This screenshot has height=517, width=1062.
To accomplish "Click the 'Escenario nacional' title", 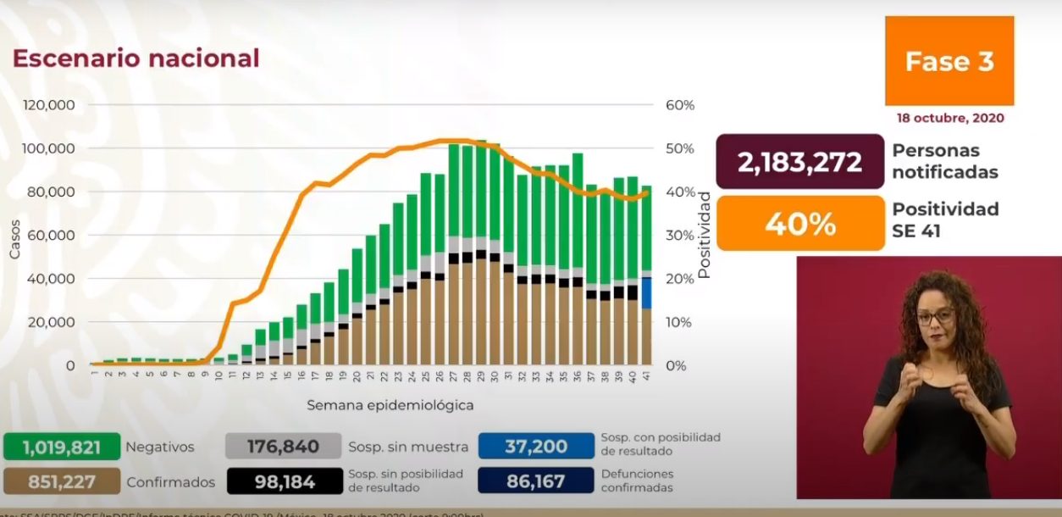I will (136, 58).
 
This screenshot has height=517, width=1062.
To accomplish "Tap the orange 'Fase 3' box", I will (949, 61).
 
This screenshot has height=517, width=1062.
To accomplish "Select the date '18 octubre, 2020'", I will (950, 118).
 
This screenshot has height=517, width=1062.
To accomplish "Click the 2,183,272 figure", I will (799, 162).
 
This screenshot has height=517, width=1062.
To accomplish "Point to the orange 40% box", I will (799, 224).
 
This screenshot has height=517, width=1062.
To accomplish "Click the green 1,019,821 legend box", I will (62, 447).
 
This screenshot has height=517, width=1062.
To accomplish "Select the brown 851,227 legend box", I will (62, 481).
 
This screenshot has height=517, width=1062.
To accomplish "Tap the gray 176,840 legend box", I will (283, 447).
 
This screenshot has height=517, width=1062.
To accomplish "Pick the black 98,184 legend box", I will (283, 481).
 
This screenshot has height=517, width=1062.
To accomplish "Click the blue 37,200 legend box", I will (535, 447).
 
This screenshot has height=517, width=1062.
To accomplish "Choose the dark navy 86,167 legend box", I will (535, 481).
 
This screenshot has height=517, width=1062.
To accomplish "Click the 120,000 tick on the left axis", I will (49, 105).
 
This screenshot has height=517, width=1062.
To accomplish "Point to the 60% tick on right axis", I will (680, 105).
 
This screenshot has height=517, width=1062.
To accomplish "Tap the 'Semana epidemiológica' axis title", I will (390, 405).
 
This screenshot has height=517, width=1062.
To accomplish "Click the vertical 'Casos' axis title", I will (14, 240).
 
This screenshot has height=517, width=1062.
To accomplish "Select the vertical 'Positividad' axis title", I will (704, 235).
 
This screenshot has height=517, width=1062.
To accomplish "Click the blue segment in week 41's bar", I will (646, 293).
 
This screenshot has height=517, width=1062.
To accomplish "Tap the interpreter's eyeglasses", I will (934, 317).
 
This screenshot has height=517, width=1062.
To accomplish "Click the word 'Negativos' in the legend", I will (159, 447).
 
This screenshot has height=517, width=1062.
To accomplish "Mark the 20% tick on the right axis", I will (680, 279).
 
